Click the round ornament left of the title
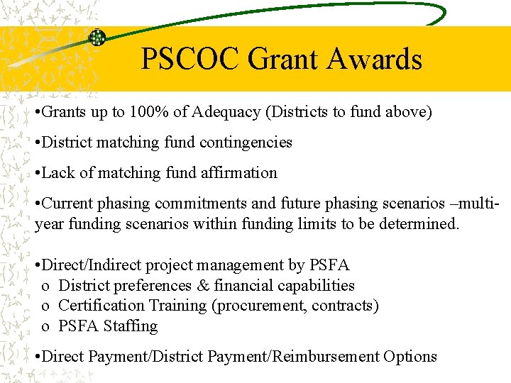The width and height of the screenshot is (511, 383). point(97,38)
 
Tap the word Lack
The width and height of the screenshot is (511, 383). point(59,173)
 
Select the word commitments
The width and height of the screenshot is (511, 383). point(201,204)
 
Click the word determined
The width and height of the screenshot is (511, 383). point(422,224)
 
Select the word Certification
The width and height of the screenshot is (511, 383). point(101,306)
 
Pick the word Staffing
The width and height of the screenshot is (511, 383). point(131,326)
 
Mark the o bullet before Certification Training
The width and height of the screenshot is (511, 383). point(45,306)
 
